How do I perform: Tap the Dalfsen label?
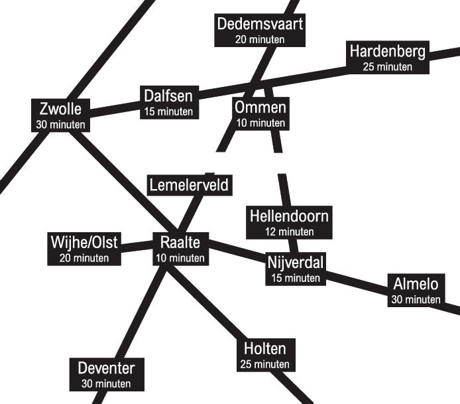(168, 96)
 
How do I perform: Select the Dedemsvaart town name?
(260, 25)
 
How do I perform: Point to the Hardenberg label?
(388, 51)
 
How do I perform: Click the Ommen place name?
(260, 107)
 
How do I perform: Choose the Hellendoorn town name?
(289, 216)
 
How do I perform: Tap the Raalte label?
(180, 242)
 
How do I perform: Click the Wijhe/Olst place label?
(84, 242)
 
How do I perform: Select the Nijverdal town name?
(295, 262)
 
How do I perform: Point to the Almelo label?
(416, 284)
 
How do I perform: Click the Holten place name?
(265, 349)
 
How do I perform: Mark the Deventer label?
(106, 368)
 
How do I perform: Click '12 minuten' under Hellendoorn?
(289, 232)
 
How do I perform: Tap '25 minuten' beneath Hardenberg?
(388, 67)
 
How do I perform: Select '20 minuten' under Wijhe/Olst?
(84, 258)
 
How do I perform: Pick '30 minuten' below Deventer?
(106, 384)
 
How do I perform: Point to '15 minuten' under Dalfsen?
(168, 111)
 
